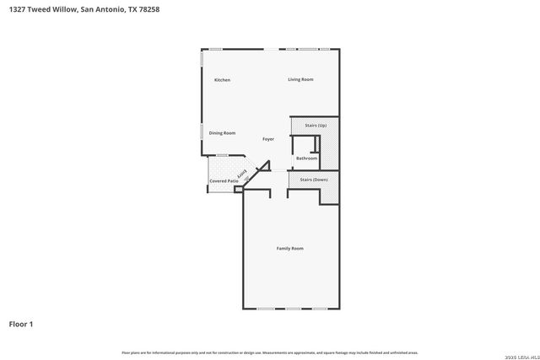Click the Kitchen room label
pos(222,80)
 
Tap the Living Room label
pos(300,79)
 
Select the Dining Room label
pos(222,133)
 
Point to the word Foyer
pos(268,139)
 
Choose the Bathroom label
pos(306,159)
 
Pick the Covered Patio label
pos(224,181)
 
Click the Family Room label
pos(290,249)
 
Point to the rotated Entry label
pos(242,175)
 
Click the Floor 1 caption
pos(21,324)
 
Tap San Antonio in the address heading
pos(109,8)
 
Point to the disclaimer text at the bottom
pos(269,352)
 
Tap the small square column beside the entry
pos(238,190)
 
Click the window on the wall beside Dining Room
pos(202,132)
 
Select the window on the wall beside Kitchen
pos(202,61)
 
